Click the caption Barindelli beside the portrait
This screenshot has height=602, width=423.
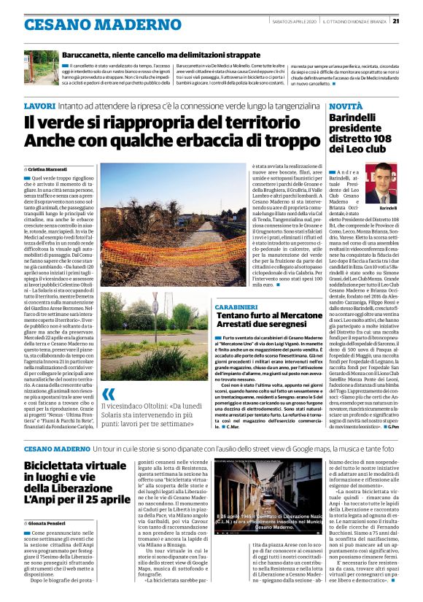click(388, 207)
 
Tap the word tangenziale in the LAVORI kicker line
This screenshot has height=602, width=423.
click(289, 107)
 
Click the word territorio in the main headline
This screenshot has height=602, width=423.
click(262, 124)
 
